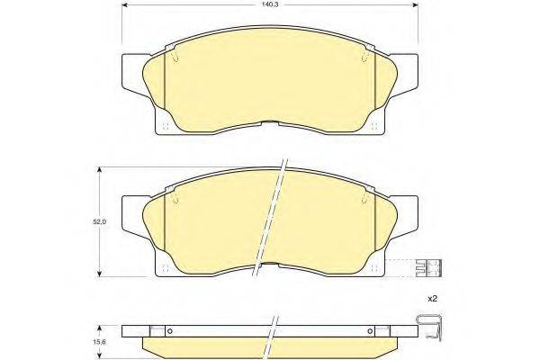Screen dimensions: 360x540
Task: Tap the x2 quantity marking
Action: (431, 298)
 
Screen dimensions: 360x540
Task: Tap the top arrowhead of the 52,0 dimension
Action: (98, 168)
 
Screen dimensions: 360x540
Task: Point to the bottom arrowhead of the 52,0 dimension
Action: (98, 276)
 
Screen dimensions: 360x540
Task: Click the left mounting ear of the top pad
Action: (131, 73)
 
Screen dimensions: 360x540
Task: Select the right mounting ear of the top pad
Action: (407, 73)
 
